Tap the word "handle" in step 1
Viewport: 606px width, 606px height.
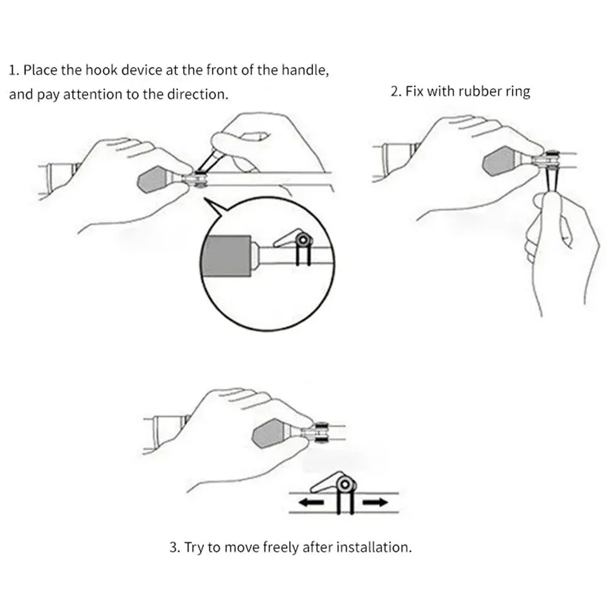tap(306, 70)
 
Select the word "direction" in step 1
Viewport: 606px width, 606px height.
tap(198, 94)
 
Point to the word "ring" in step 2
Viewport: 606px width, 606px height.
tap(518, 93)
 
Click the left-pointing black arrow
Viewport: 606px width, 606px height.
tap(311, 502)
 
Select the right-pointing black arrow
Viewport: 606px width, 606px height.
tap(375, 502)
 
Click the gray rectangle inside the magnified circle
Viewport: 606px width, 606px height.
tap(227, 256)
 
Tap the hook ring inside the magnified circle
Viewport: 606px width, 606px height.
tap(304, 241)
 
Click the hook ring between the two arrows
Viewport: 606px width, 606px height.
tap(345, 485)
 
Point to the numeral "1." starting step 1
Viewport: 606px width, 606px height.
tap(14, 70)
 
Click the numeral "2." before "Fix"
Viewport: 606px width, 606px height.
tap(396, 92)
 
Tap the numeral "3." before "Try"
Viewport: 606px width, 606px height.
tap(175, 548)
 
